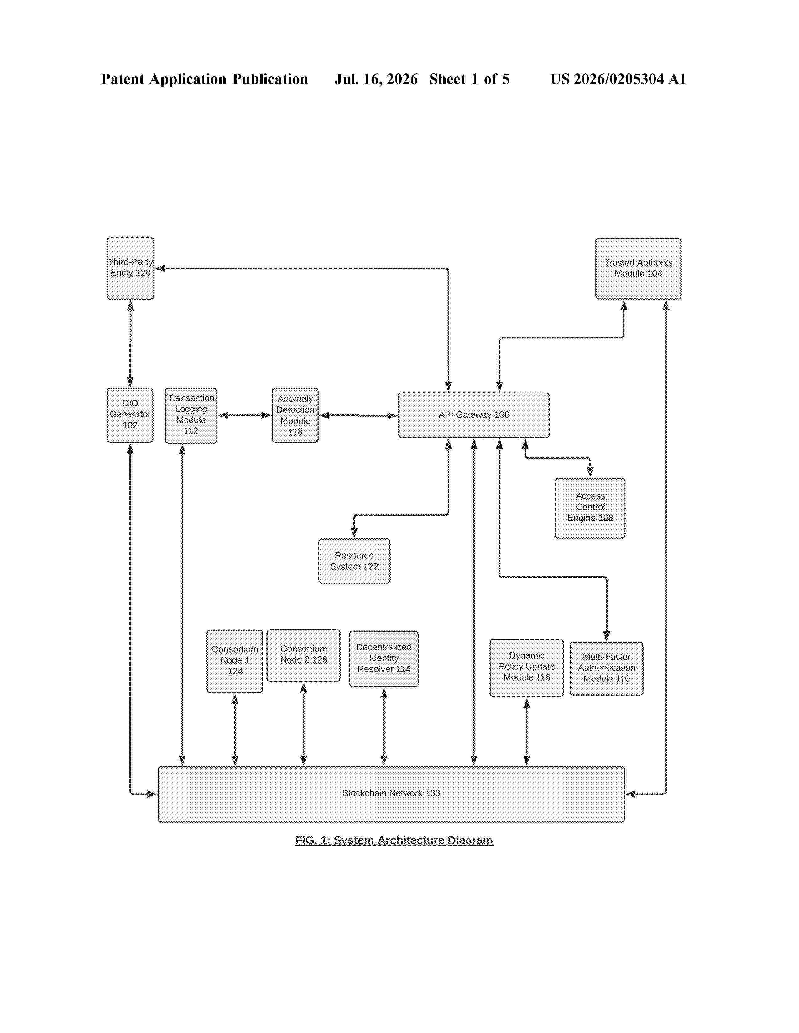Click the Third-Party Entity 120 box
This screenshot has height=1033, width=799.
coord(130,268)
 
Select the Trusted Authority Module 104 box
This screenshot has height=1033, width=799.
coord(638,268)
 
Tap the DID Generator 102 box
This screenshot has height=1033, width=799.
coord(130,415)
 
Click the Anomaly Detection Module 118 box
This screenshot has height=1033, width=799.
coord(295,415)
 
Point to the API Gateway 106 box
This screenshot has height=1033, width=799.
coord(473,415)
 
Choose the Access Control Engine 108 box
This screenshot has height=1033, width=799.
coord(590,507)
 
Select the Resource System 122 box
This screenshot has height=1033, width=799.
coord(354,561)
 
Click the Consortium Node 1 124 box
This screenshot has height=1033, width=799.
coord(235,661)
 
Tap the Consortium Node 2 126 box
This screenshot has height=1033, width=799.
coord(303,655)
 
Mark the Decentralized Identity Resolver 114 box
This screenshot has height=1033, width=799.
coord(384,658)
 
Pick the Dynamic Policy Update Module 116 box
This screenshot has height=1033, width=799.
coord(526,667)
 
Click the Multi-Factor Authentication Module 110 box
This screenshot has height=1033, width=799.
coord(606,668)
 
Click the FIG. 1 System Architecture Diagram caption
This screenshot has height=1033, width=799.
coord(394,840)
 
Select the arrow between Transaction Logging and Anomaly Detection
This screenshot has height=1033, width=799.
coord(244,415)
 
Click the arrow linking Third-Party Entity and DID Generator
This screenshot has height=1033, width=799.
coord(130,344)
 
